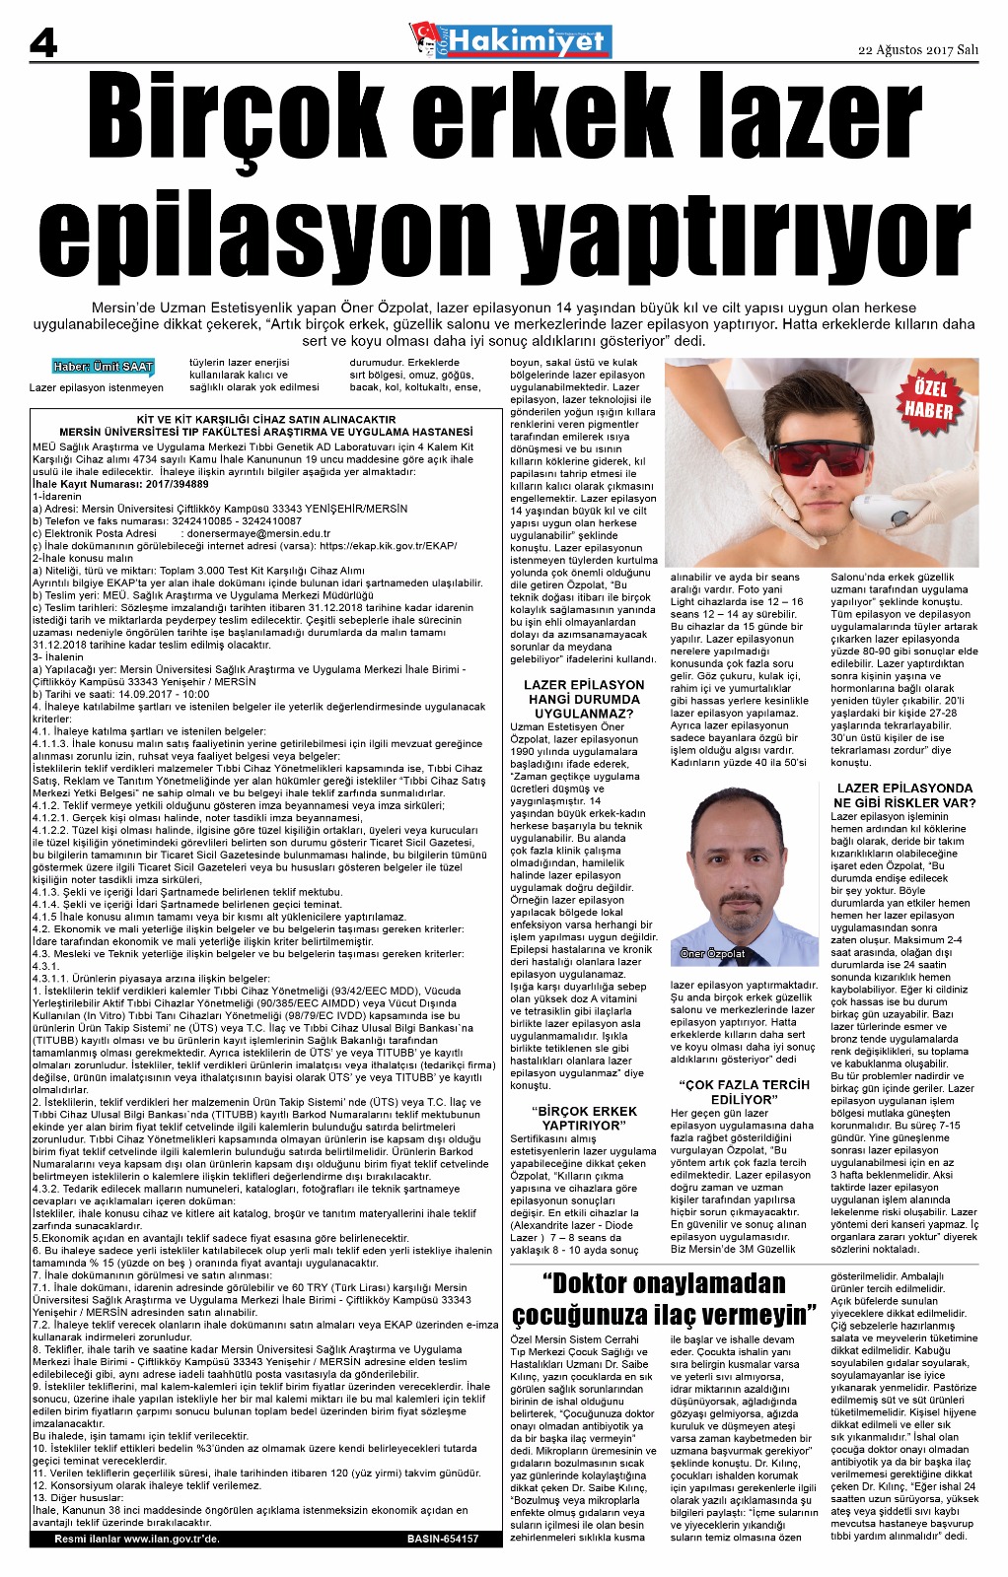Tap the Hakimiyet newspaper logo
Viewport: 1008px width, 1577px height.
(x=511, y=41)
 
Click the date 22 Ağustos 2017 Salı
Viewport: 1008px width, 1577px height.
(x=917, y=50)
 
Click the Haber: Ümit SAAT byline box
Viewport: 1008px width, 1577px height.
(x=104, y=367)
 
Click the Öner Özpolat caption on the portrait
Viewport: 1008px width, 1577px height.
(x=713, y=953)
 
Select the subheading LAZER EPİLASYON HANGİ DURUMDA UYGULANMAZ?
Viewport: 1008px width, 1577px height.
(x=584, y=698)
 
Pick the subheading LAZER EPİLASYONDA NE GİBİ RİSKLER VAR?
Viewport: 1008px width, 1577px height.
(x=903, y=794)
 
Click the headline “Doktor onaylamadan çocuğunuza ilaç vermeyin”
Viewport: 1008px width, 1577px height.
(x=664, y=1299)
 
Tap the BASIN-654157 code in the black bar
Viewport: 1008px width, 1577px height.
(x=442, y=1539)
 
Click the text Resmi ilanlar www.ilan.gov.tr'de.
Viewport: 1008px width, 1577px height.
(x=137, y=1539)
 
